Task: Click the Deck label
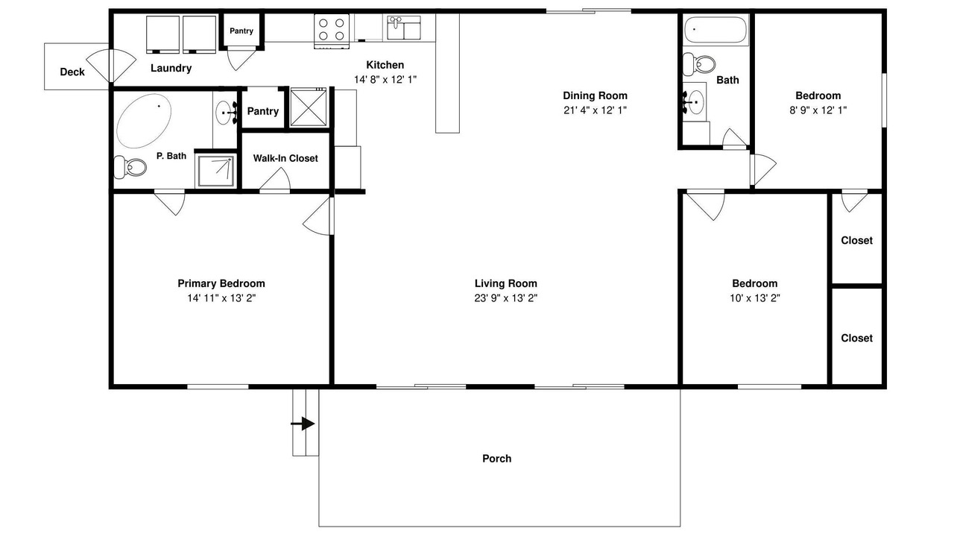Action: (x=72, y=72)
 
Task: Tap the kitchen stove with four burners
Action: (x=332, y=31)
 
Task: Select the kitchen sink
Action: (x=404, y=28)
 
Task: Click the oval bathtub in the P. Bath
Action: (x=144, y=121)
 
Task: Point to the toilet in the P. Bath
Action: (x=130, y=167)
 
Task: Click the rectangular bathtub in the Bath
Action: (x=715, y=30)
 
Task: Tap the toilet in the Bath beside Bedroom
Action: (x=698, y=65)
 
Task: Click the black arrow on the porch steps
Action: (x=303, y=424)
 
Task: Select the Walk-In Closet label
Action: (x=285, y=158)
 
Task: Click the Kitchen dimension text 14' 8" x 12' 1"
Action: (x=385, y=79)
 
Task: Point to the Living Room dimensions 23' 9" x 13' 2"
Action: (x=506, y=298)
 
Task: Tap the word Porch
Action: (x=496, y=459)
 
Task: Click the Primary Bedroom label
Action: (x=221, y=283)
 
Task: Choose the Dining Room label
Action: (x=595, y=95)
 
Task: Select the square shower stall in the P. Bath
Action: (x=215, y=171)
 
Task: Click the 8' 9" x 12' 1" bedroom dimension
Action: (x=818, y=110)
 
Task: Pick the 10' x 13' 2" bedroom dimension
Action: (x=755, y=298)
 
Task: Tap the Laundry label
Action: (x=171, y=68)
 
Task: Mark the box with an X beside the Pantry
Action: (x=309, y=107)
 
